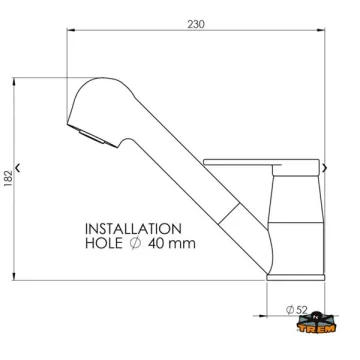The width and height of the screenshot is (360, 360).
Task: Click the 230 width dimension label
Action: coord(196,24)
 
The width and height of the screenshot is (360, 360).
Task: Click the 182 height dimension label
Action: coord(8,179)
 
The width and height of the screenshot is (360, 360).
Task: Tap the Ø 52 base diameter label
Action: coord(296,310)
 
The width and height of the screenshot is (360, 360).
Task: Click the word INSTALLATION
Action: coord(133,229)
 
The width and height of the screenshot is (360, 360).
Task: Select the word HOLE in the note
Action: coord(104,243)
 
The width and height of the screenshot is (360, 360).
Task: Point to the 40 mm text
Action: coord(172,243)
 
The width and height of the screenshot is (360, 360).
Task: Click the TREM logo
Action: coord(316,322)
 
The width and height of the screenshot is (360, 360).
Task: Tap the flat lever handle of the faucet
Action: coord(261,162)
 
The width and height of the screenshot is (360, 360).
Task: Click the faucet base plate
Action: coord(296,277)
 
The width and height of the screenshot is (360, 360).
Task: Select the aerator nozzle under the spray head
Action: coord(91,137)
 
